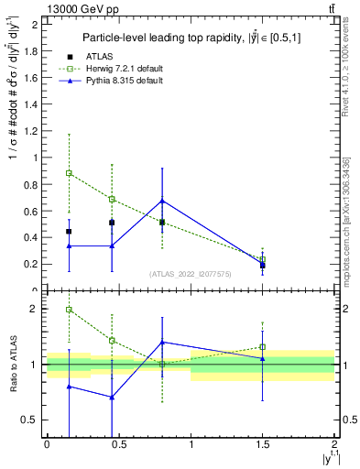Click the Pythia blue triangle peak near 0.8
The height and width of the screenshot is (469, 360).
(x=162, y=201)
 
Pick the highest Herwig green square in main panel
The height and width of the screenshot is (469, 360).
(x=69, y=172)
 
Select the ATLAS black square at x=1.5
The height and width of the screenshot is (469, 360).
(x=263, y=265)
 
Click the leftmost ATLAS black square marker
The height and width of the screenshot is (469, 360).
(x=69, y=232)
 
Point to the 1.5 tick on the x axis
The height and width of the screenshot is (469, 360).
(x=263, y=444)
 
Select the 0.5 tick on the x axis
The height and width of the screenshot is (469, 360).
(x=118, y=444)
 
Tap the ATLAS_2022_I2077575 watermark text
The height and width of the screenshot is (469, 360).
(x=189, y=274)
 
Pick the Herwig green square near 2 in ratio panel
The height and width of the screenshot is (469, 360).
(x=69, y=310)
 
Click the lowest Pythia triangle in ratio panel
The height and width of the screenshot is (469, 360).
(x=112, y=397)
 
